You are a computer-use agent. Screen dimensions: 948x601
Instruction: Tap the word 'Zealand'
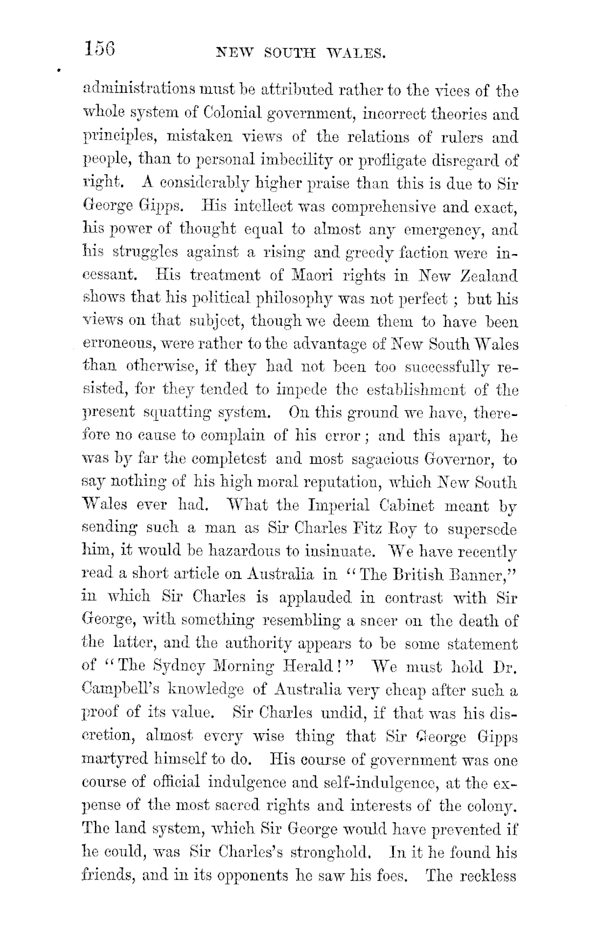pyautogui.click(x=489, y=276)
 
